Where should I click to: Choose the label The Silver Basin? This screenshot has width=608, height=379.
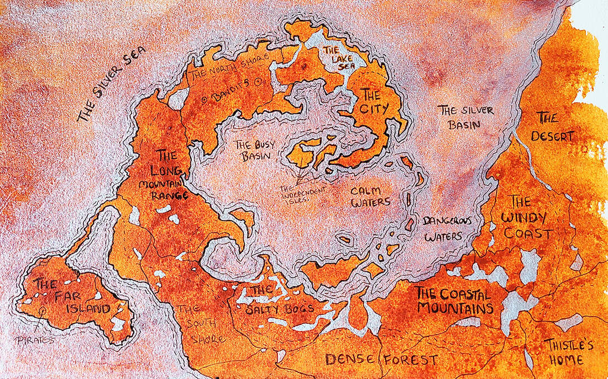point(466,118)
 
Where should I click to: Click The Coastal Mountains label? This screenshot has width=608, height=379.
point(454,300)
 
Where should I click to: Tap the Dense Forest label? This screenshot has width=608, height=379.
point(381,360)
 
